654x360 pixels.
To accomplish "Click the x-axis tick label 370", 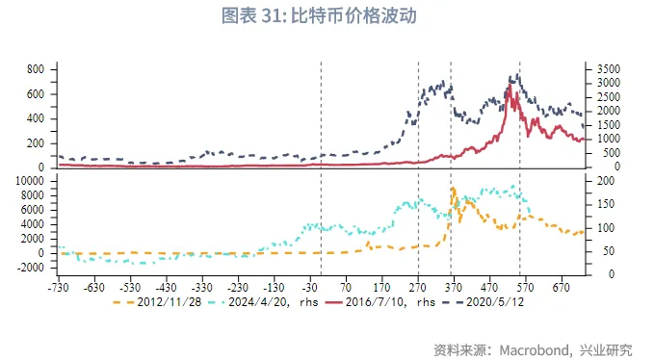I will [453, 286].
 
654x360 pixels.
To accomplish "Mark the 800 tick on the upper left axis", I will [35, 69].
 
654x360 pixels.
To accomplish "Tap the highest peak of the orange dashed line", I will [454, 188].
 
